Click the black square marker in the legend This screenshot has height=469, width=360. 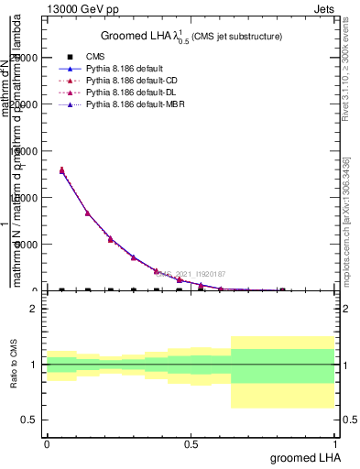[x=70, y=57]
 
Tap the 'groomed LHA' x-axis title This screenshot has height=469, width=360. [x=302, y=457]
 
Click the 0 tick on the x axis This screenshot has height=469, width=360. [x=47, y=443]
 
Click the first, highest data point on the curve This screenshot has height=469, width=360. [x=61, y=170]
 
